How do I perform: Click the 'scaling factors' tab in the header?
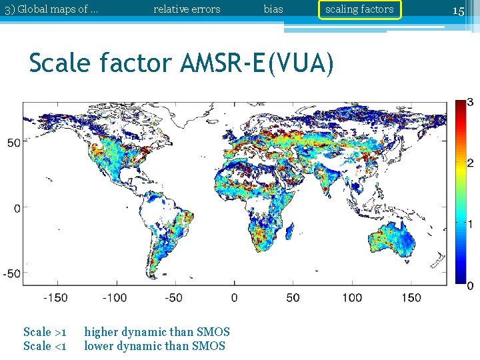[359, 9]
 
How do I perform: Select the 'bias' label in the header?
[273, 9]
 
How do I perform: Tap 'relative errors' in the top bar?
[187, 9]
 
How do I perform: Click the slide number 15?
[458, 10]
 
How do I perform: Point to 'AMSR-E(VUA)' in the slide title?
[257, 63]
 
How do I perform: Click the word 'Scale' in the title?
[62, 63]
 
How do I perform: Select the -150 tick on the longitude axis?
[55, 298]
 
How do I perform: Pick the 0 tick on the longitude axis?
[234, 298]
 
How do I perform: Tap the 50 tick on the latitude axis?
[14, 142]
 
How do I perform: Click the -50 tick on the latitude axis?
[12, 273]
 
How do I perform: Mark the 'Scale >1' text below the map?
[45, 332]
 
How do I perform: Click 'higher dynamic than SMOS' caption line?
[157, 332]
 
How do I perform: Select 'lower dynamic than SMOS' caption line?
[155, 346]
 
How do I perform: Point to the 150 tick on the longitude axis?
[411, 298]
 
